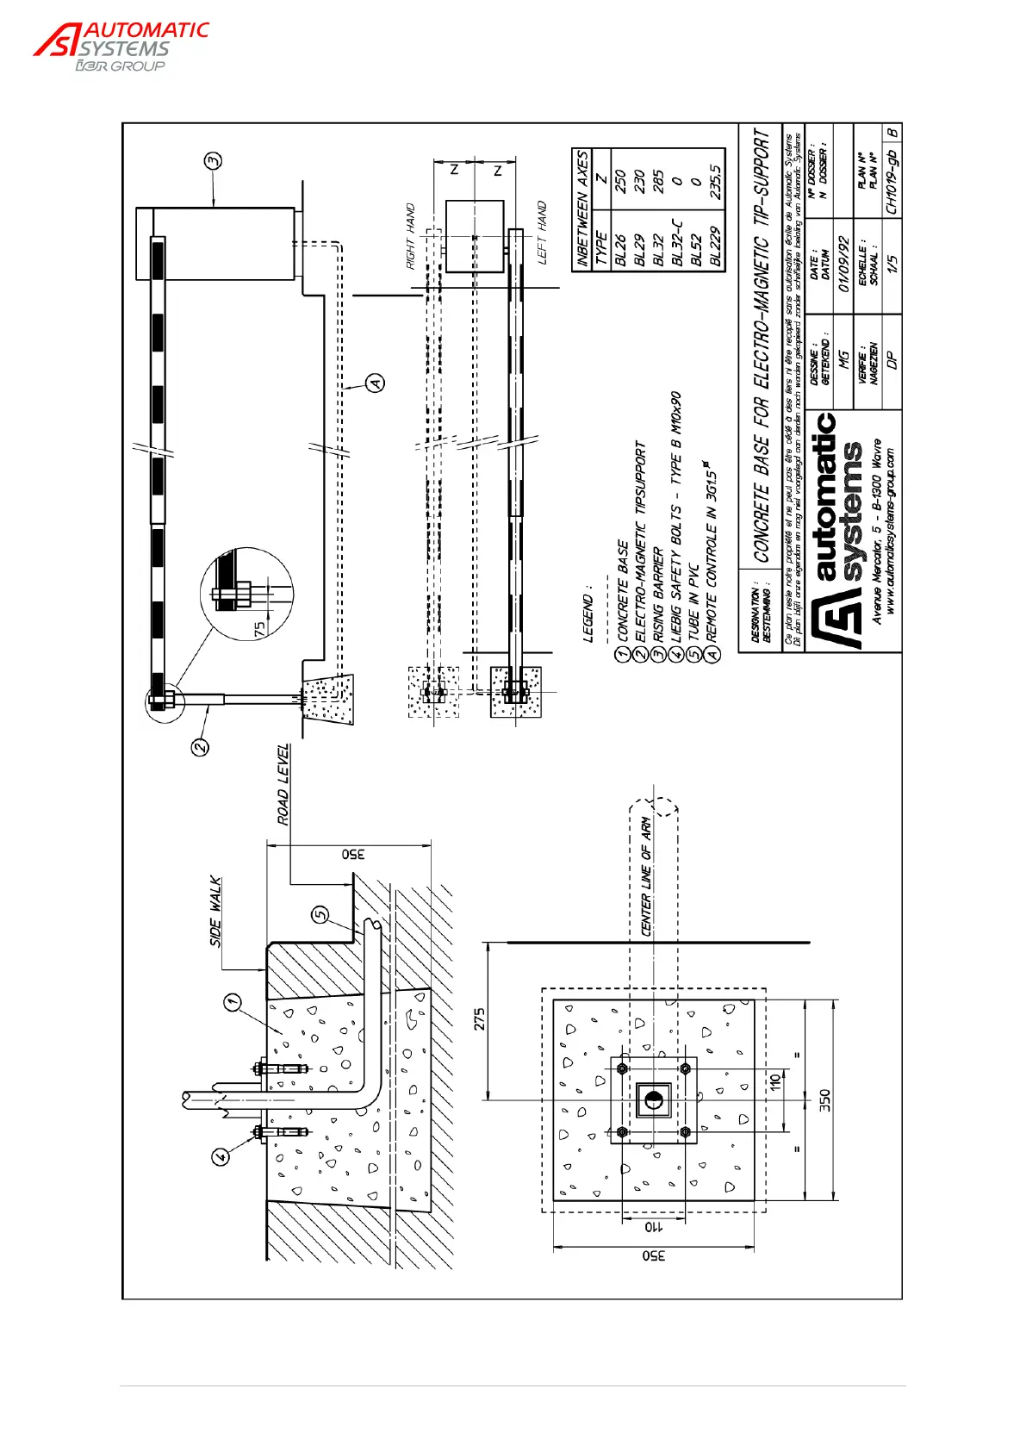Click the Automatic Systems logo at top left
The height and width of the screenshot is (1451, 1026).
(121, 47)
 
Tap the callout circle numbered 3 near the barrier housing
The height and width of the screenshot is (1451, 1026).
(213, 160)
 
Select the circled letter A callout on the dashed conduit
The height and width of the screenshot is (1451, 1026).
(375, 383)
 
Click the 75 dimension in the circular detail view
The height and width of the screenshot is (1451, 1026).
(260, 629)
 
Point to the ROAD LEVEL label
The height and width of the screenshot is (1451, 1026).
(283, 784)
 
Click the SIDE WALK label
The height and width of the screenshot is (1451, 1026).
(216, 912)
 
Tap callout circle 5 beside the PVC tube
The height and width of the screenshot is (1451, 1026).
(320, 914)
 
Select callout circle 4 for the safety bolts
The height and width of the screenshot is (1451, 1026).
(221, 1156)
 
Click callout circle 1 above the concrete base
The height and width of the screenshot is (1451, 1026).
(231, 1002)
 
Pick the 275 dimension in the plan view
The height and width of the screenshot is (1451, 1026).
(480, 1019)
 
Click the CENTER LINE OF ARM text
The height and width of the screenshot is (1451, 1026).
(646, 876)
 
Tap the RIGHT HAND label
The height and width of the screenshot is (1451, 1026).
(410, 236)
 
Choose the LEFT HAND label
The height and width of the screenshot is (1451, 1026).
(542, 233)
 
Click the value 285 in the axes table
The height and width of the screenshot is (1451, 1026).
(657, 181)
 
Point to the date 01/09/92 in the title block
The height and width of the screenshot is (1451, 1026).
(843, 264)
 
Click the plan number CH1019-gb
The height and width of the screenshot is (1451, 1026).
(891, 183)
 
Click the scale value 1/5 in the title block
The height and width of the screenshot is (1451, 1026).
(891, 263)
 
